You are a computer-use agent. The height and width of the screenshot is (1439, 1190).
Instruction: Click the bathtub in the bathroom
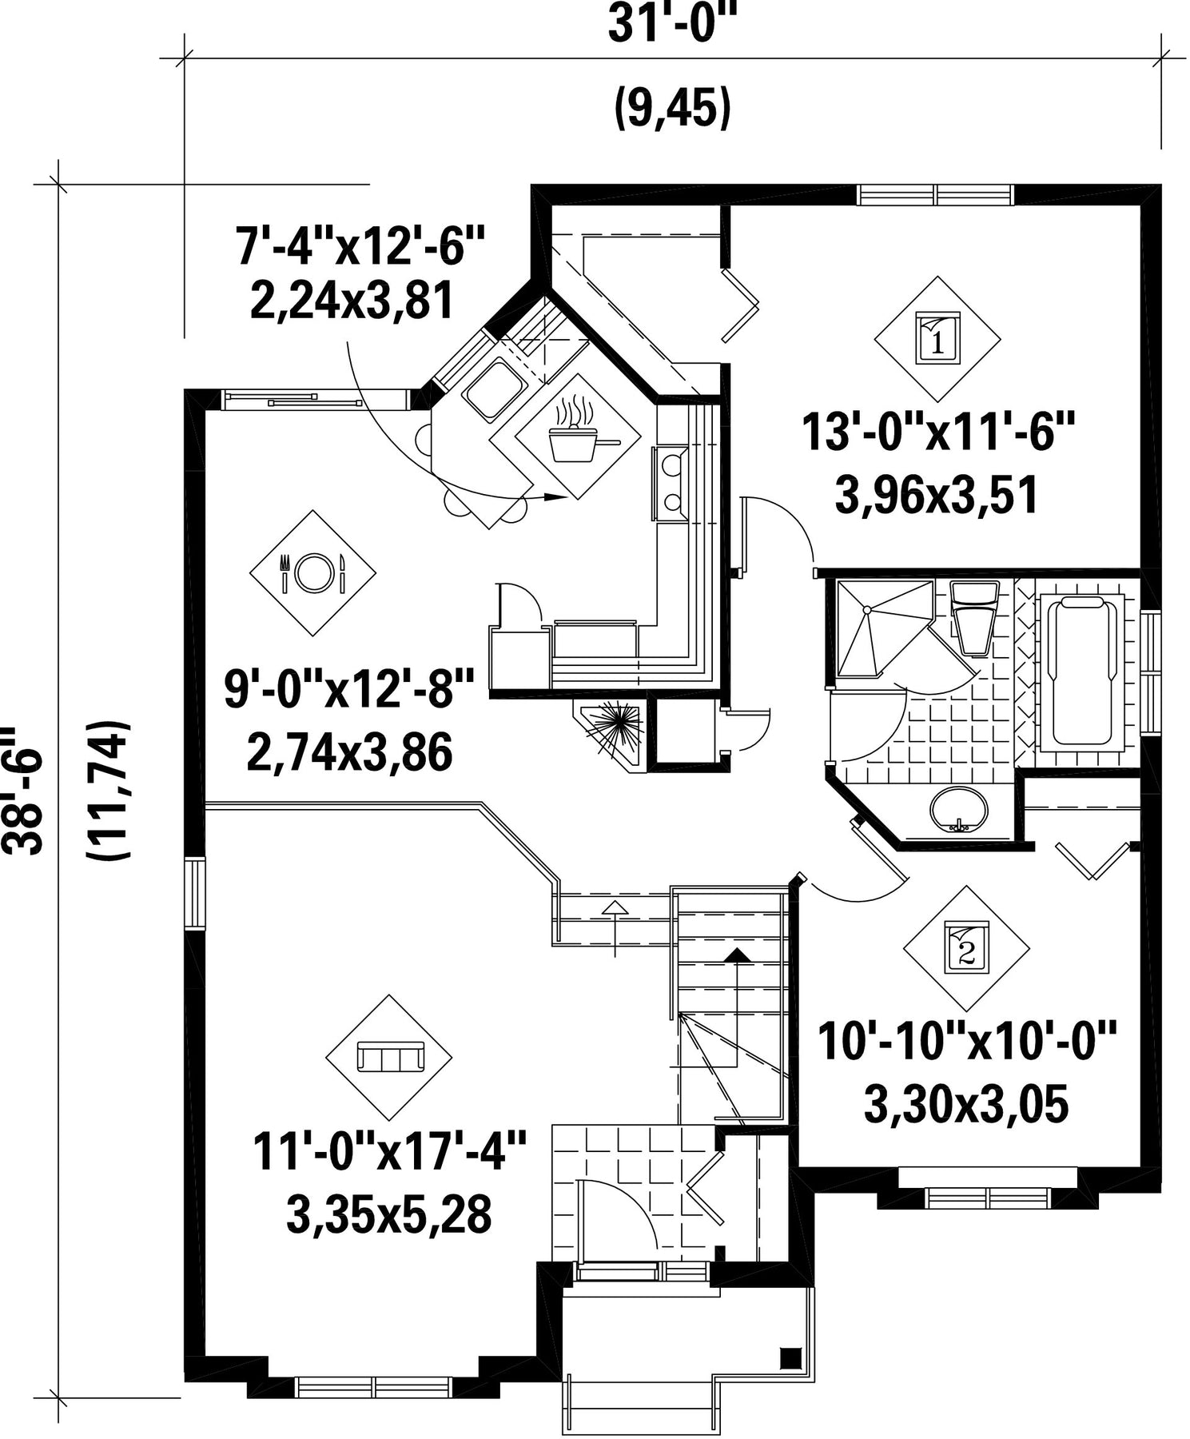click(1083, 672)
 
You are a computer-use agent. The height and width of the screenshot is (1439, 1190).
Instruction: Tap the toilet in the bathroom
click(973, 616)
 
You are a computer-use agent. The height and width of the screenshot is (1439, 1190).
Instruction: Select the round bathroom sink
click(959, 809)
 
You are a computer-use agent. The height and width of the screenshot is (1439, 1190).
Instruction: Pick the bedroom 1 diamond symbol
click(937, 339)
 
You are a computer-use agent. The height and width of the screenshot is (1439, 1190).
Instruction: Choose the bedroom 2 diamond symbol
click(966, 948)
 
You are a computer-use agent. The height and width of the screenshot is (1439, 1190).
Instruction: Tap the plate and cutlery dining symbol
click(312, 573)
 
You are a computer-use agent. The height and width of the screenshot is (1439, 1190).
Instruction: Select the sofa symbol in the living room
click(389, 1057)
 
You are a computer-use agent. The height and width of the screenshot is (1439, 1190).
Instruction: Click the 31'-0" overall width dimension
click(671, 25)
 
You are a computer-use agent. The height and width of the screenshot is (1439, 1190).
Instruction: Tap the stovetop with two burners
click(671, 484)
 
